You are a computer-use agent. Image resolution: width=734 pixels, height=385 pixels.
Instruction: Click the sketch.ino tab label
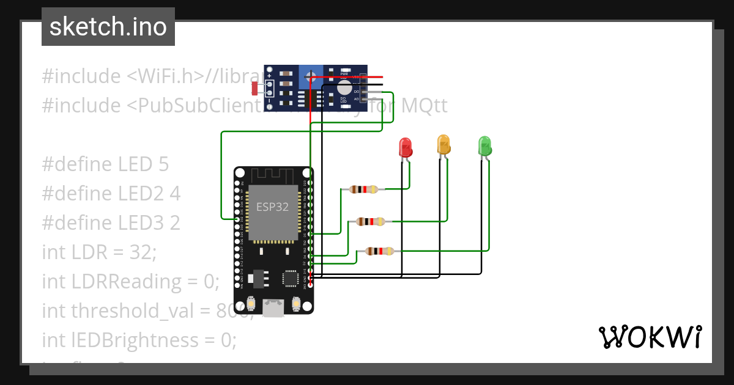(108, 27)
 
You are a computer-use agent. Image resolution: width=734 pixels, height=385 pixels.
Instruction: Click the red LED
(405, 147)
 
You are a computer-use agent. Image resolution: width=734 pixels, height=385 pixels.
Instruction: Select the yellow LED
(443, 144)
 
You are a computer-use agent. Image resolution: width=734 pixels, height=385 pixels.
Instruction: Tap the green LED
(484, 146)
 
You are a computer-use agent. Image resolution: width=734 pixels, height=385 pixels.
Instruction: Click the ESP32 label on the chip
(272, 207)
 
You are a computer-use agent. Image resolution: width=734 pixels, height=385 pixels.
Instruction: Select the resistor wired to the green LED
(379, 251)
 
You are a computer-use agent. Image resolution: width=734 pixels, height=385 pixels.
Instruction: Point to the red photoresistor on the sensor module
(255, 89)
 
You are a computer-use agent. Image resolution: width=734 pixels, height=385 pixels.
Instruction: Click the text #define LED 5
(105, 164)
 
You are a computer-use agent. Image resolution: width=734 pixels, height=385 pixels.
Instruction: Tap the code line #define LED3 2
(111, 222)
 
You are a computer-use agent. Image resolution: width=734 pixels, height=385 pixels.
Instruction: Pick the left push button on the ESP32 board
(250, 304)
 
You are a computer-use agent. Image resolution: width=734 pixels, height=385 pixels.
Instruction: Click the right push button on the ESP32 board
(296, 304)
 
